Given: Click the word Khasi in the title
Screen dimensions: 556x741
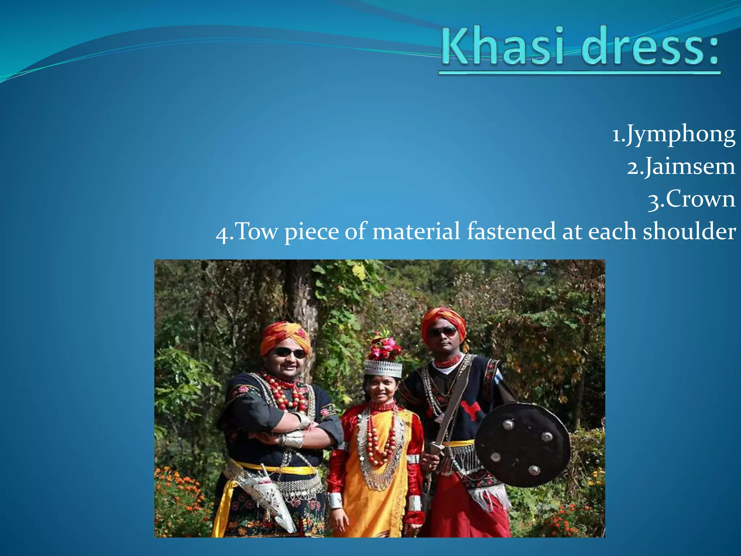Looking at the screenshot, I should pos(501,46).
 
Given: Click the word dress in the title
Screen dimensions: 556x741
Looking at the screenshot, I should pos(640,46).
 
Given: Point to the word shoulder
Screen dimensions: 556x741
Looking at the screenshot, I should pos(689,232).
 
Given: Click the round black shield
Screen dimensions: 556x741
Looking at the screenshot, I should pos(522,445).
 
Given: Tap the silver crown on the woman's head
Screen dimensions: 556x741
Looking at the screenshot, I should pos(383,368).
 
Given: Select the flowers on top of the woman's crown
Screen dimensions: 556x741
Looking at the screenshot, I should pos(384,347).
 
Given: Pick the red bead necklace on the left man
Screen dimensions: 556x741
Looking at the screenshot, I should pos(286,395).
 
